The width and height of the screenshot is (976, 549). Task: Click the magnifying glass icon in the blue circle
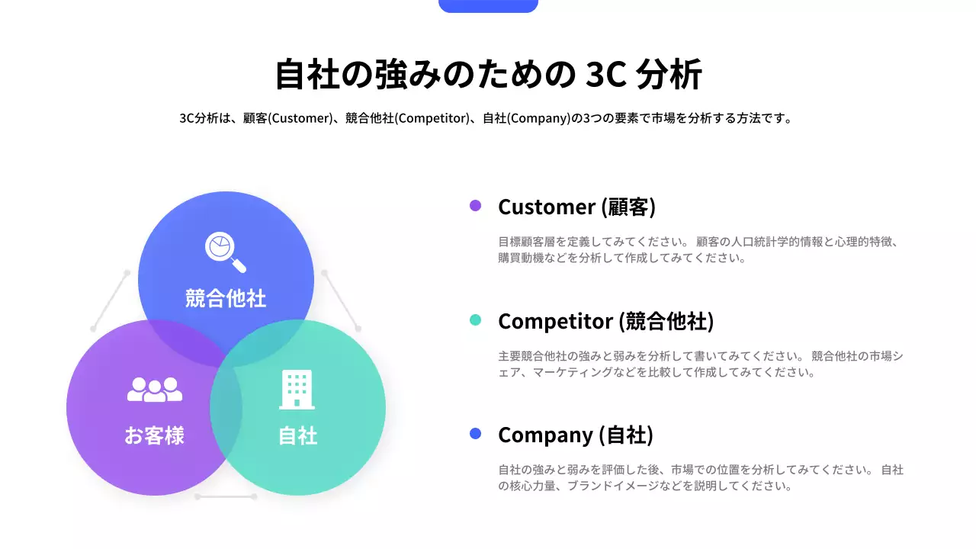pos(226,252)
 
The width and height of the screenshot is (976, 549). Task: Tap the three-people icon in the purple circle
pos(155,390)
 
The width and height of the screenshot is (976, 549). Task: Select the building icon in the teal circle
pos(297,390)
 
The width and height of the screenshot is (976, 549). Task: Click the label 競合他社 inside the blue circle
pos(226,298)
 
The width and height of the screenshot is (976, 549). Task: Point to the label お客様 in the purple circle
pos(155,435)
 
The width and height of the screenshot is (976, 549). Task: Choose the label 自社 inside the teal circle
pos(297,435)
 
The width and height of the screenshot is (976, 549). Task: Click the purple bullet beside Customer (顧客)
pos(475,206)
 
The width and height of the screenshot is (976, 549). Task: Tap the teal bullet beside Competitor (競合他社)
pos(475,320)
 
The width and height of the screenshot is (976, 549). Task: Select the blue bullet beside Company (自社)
pos(475,434)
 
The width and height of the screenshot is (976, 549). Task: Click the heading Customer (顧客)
pos(576,207)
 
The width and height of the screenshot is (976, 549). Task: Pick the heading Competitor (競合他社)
pos(605,321)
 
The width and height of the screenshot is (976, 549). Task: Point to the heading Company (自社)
pos(575,435)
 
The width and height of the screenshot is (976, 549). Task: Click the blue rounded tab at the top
pos(488,5)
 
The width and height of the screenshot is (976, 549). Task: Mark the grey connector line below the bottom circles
pos(225,496)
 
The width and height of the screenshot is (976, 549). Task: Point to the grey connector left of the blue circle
pos(111,300)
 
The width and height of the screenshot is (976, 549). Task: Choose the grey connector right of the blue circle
pos(341,300)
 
